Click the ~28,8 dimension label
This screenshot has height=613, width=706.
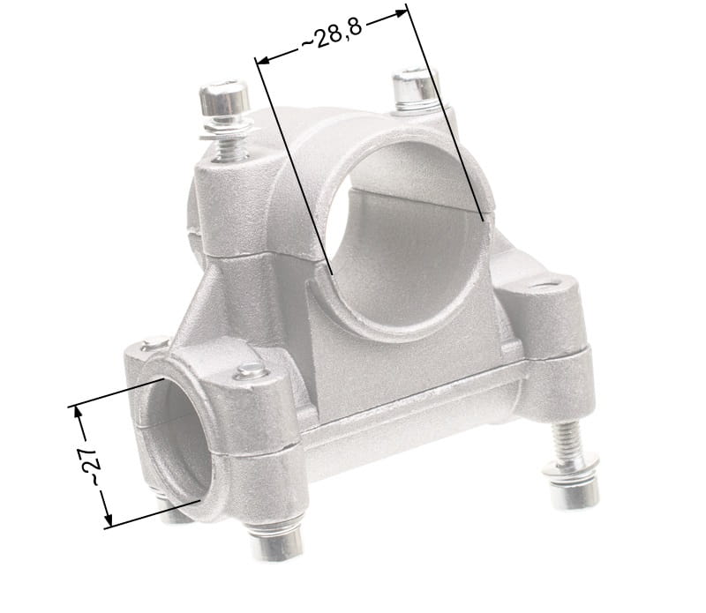pyautogui.click(x=332, y=34)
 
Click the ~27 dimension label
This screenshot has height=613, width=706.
pyautogui.click(x=90, y=467)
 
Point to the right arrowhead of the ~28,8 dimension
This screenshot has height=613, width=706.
pyautogui.click(x=401, y=13)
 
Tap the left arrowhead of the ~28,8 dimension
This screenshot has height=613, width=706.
pyautogui.click(x=262, y=60)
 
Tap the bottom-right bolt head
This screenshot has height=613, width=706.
pyautogui.click(x=575, y=492)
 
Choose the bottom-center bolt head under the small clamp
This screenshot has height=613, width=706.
pyautogui.click(x=276, y=542)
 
